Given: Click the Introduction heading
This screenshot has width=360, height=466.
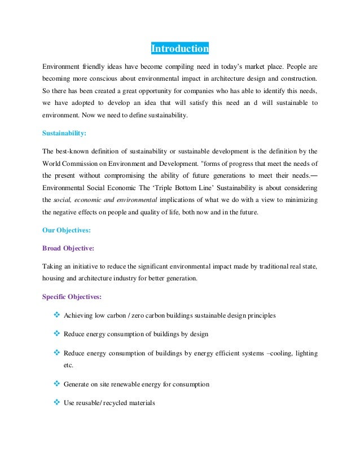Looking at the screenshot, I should [x=179, y=49].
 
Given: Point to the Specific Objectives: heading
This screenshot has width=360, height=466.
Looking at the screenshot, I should [x=72, y=296].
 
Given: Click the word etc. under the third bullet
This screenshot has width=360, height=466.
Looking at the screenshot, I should [x=69, y=366].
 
